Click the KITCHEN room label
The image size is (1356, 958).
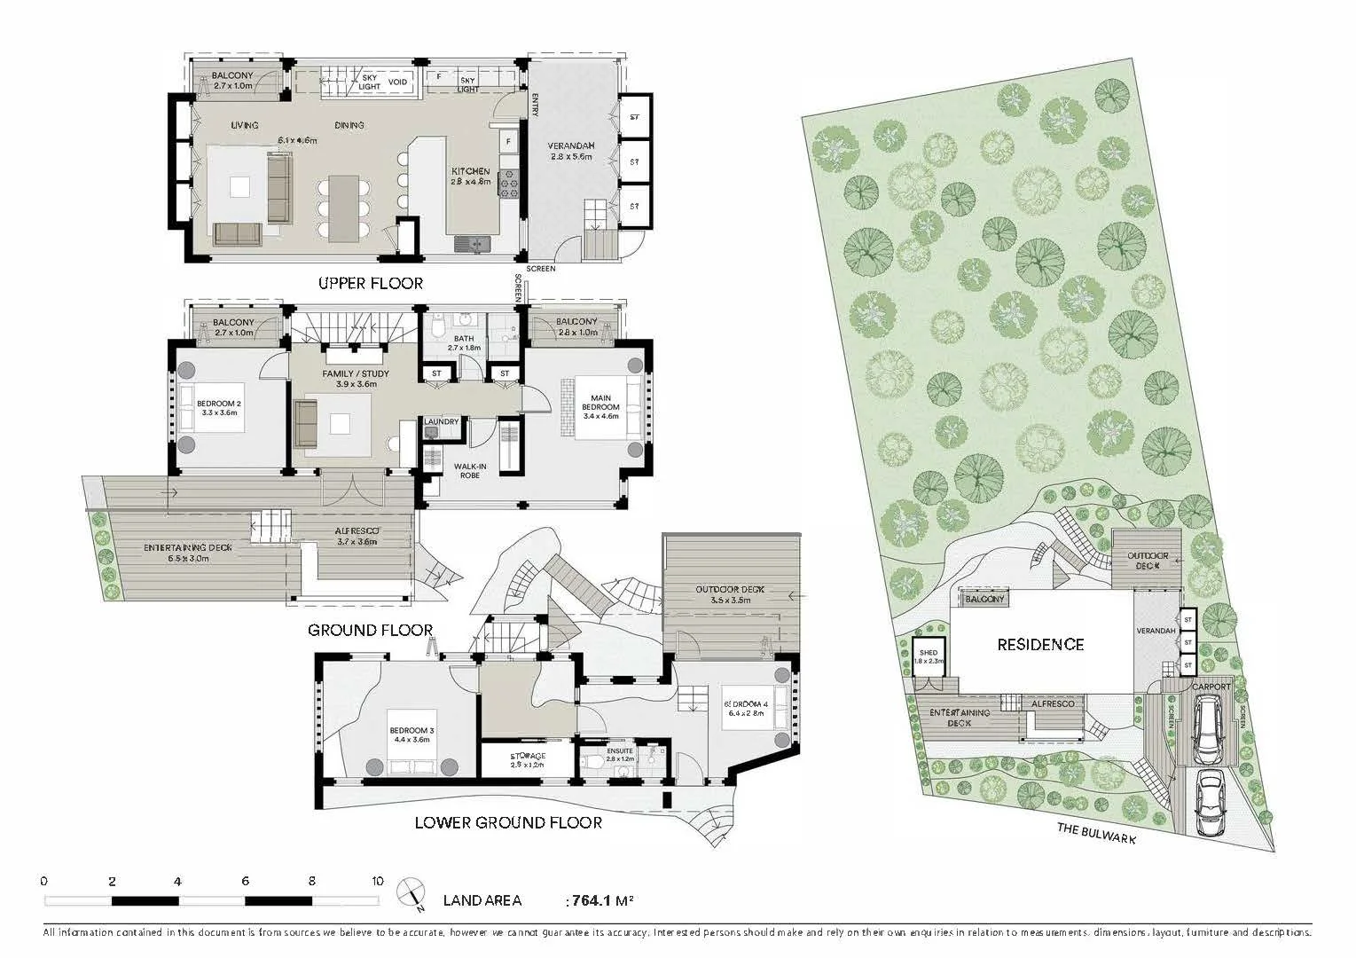tap(470, 171)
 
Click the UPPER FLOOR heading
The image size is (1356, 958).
tap(371, 284)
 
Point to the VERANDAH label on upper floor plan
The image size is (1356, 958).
tap(570, 146)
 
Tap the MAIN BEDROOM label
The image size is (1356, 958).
tap(600, 402)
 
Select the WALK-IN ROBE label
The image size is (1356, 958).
tap(470, 470)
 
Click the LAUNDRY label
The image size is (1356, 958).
tap(441, 421)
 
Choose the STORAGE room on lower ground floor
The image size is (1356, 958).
tap(527, 760)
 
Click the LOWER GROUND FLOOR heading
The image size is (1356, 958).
tap(508, 823)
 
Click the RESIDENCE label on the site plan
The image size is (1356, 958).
tap(1039, 645)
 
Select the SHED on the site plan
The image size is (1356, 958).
tap(928, 657)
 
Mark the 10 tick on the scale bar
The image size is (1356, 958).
tap(378, 882)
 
